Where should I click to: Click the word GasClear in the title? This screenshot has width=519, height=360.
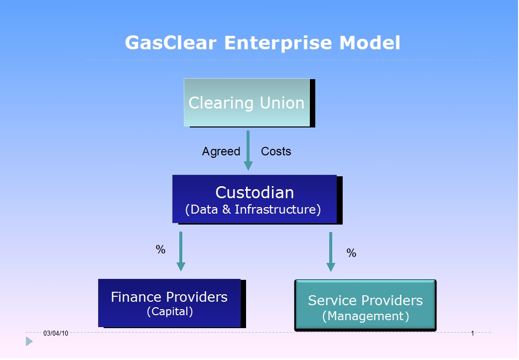tap(171, 43)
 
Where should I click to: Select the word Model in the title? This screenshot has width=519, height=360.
tap(370, 43)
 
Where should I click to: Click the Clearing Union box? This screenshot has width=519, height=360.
tap(247, 102)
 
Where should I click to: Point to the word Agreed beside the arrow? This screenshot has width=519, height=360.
tap(221, 151)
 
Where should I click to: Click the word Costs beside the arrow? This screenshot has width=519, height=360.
tap(276, 151)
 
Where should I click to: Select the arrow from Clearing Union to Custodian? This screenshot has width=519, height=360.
tap(248, 150)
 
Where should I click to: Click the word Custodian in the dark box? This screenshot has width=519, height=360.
tap(255, 192)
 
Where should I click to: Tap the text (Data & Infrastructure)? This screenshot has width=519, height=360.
tap(253, 210)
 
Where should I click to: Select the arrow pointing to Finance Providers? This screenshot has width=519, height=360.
tap(181, 251)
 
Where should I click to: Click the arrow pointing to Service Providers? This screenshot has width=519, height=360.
tap(331, 252)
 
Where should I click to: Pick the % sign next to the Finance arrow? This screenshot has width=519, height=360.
tap(160, 249)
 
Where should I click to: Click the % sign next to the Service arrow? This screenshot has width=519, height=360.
tap(351, 253)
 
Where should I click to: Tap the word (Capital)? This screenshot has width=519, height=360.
tap(170, 311)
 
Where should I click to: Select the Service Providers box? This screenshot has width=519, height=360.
tap(366, 305)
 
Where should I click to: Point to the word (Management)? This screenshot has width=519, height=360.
tap(366, 316)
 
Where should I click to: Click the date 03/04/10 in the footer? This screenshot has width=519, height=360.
tap(56, 333)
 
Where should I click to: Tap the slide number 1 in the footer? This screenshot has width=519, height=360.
tap(472, 333)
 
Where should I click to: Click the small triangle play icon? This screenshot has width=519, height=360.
tap(29, 341)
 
